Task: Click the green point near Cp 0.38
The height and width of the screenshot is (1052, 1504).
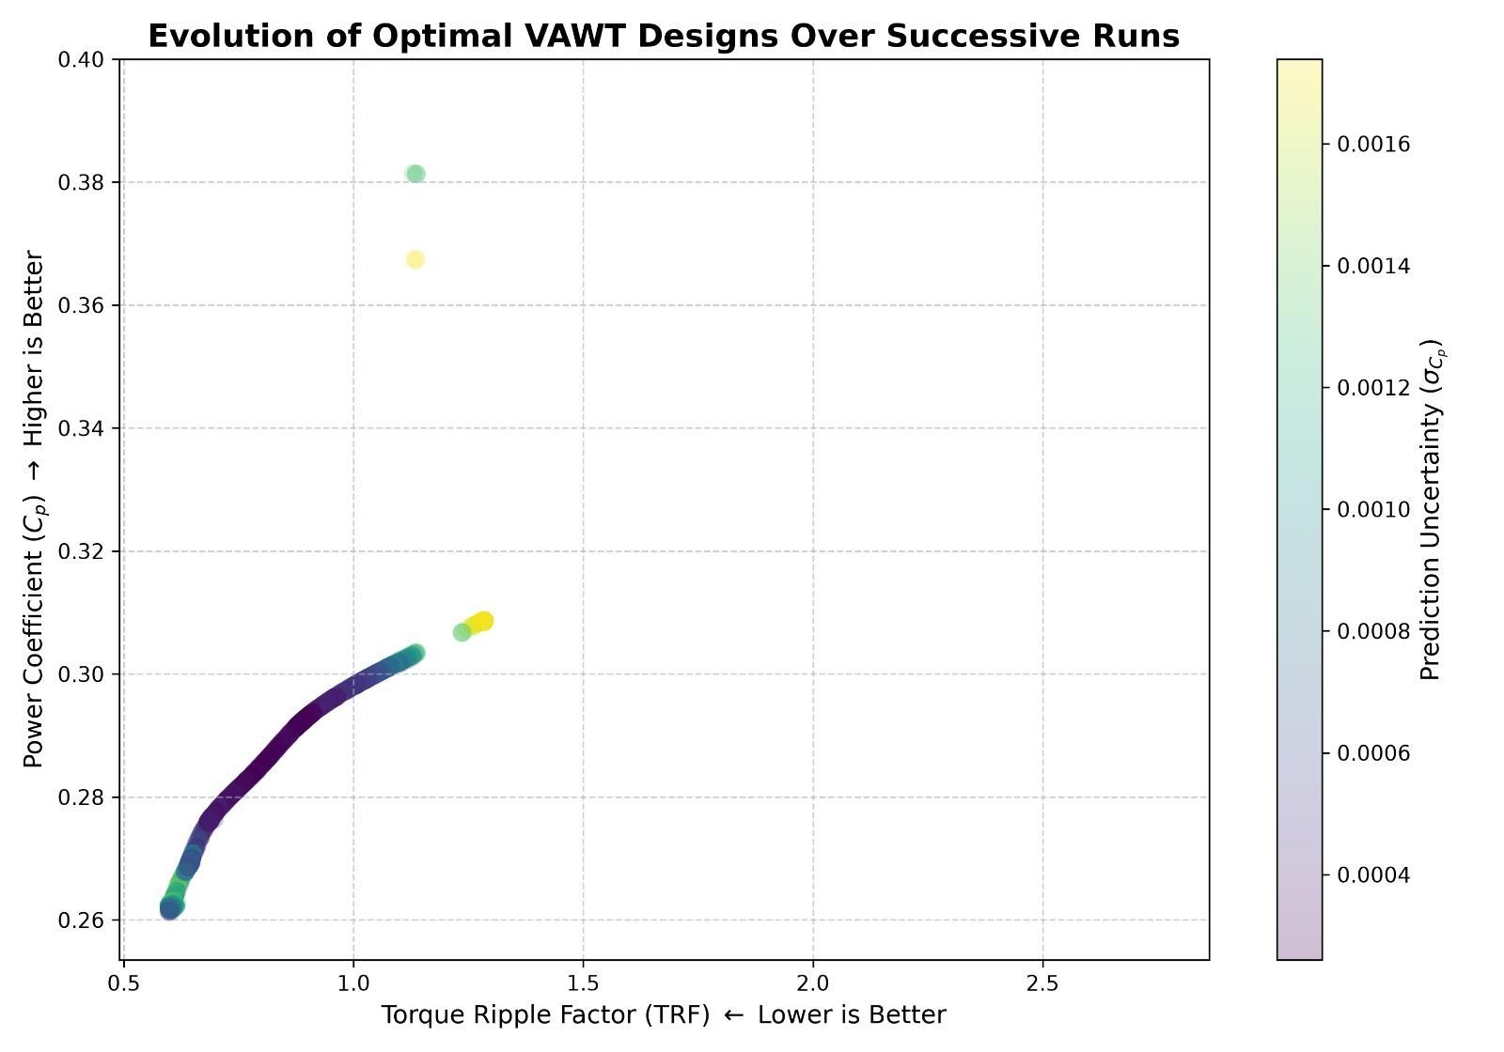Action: (x=415, y=175)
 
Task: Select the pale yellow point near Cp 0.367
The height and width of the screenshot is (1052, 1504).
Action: (x=415, y=259)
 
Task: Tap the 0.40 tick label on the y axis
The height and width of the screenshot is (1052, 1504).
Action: (x=81, y=60)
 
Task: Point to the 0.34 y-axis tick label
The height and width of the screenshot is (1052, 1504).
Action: (x=81, y=428)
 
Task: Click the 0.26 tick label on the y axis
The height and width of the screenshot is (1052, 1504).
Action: (x=81, y=920)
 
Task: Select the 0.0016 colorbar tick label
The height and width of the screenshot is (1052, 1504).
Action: (x=1373, y=145)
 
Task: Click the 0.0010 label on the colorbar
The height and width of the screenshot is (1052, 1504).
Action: (x=1373, y=510)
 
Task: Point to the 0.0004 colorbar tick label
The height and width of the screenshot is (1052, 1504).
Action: (x=1373, y=875)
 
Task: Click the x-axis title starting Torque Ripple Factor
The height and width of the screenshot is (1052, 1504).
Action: (x=664, y=1015)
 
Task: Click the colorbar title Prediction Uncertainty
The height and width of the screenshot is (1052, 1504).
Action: (x=1432, y=509)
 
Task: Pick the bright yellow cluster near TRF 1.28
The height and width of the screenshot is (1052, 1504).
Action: (x=478, y=623)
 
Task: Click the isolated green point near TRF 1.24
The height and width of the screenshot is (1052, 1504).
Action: (x=462, y=633)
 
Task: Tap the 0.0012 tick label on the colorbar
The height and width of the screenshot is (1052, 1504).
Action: (x=1373, y=388)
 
